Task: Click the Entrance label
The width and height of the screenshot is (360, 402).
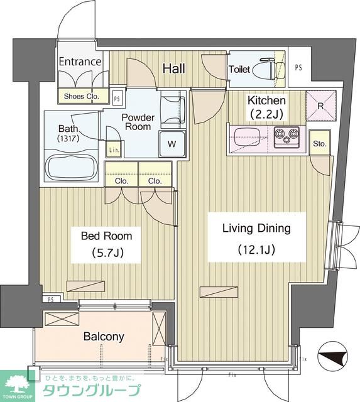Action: [80, 62]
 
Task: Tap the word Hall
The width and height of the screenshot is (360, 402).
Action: [174, 68]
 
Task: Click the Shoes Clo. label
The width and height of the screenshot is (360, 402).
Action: [81, 96]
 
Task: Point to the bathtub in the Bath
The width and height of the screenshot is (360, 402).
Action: [72, 166]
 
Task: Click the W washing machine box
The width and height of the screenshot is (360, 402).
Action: [172, 144]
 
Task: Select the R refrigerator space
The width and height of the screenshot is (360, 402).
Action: [321, 106]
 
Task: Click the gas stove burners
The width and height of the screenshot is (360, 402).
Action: [286, 137]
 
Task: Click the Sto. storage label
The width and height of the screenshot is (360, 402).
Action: [320, 144]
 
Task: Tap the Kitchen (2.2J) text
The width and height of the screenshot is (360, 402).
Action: [266, 107]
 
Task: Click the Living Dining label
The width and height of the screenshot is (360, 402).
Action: [256, 228]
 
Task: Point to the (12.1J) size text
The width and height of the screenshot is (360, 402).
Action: [256, 249]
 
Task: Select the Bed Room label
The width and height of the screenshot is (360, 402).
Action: [106, 236]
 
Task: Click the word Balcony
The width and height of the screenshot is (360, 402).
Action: [104, 337]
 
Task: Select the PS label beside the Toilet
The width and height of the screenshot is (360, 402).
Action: [298, 67]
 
